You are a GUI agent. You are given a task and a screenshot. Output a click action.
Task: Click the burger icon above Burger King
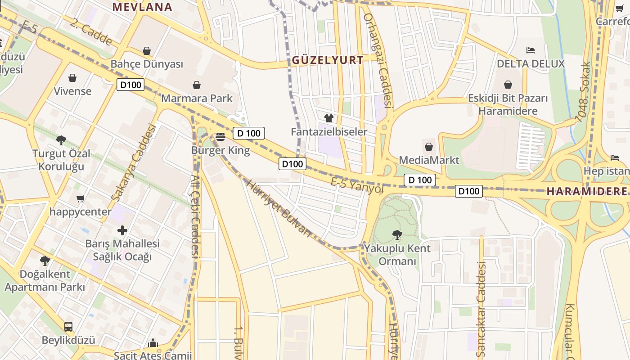[x=220, y=136]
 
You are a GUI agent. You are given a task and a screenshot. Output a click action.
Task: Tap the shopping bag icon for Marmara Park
[x=197, y=85]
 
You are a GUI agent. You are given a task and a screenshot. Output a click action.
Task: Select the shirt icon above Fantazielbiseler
[x=329, y=118]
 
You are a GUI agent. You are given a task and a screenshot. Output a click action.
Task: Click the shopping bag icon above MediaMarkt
[x=429, y=147]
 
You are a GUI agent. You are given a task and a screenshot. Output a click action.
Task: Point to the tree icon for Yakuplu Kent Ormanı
[x=397, y=234]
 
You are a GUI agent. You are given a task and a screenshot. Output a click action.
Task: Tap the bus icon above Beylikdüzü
[x=68, y=326]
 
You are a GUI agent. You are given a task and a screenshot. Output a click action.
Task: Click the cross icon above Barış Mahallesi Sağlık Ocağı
[x=122, y=230]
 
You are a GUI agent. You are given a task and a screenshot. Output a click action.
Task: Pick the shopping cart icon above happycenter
[x=81, y=198]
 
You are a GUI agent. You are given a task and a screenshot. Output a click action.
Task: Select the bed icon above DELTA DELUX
[x=531, y=50]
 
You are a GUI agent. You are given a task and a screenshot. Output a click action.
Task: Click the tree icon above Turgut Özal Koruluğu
[x=61, y=140]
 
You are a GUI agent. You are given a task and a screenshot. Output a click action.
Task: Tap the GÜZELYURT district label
[x=328, y=60]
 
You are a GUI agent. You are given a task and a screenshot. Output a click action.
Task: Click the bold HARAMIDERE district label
[x=587, y=191]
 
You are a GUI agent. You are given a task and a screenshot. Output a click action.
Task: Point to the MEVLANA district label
[x=142, y=7]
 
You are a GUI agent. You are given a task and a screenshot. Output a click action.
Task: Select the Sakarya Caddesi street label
[x=133, y=162]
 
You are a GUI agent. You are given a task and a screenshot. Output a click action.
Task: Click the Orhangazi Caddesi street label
[x=378, y=61]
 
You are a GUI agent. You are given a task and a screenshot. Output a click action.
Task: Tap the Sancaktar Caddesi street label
[x=481, y=308]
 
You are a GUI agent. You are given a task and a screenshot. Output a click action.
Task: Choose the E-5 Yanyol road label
[x=357, y=185]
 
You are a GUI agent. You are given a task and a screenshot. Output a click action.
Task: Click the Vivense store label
[x=72, y=91]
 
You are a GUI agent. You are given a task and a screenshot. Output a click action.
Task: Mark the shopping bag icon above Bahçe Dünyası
[x=147, y=51]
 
